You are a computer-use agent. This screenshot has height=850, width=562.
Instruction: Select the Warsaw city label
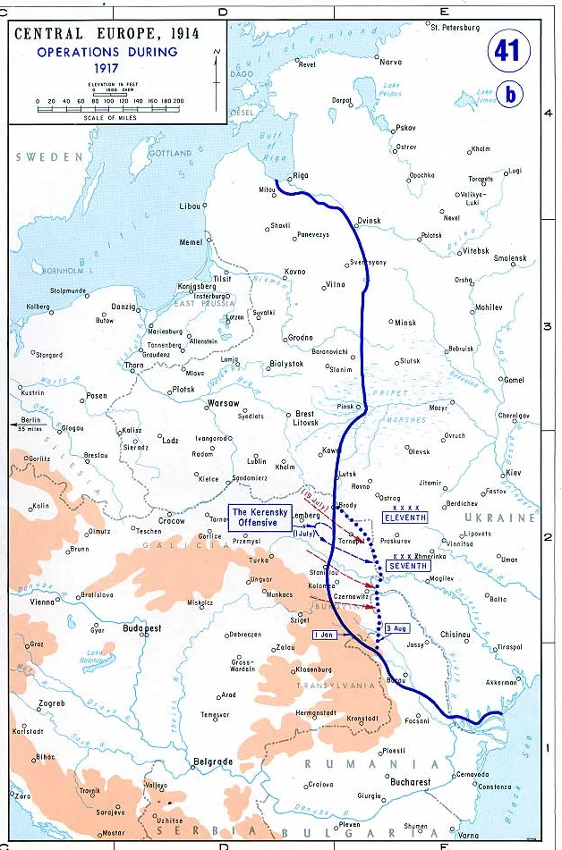tap(223, 404)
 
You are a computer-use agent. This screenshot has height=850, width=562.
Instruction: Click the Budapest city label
tap(142, 628)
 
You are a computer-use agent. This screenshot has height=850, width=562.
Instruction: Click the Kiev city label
tap(513, 472)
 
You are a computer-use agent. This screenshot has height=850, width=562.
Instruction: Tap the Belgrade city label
tap(213, 762)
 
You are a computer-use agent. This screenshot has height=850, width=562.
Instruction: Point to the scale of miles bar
tap(110, 108)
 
